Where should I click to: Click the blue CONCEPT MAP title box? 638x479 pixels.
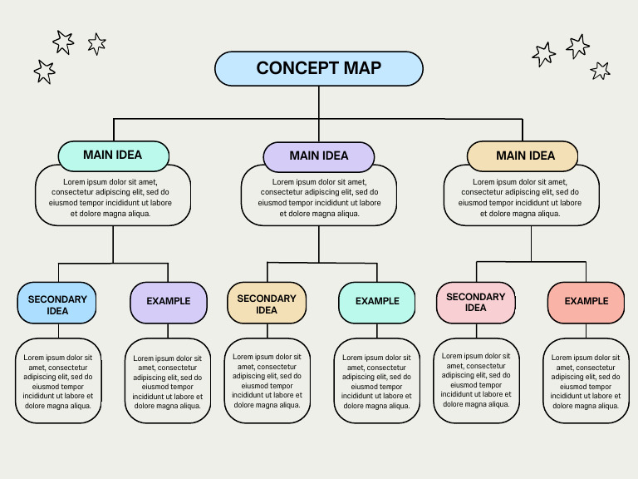[318, 68]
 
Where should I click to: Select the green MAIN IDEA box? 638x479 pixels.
[113, 156]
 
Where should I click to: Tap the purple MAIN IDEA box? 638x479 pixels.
[318, 156]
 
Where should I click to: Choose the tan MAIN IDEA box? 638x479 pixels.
[523, 156]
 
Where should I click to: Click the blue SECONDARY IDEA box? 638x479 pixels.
[57, 304]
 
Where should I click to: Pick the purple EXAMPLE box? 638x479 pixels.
[169, 302]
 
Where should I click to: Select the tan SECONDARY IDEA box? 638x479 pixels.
[267, 304]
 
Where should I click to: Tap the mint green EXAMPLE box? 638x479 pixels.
[377, 302]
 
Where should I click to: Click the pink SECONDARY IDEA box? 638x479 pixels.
[476, 302]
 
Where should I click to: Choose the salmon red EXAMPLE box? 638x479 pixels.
[586, 302]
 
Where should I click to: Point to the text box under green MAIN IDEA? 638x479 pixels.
[113, 197]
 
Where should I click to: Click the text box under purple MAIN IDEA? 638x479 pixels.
[319, 197]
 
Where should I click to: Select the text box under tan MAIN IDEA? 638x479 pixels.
[521, 197]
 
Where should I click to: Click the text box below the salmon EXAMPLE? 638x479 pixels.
[586, 381]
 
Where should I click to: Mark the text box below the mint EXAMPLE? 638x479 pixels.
[377, 381]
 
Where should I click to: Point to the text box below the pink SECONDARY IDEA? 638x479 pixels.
[476, 381]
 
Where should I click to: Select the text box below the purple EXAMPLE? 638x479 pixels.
[168, 381]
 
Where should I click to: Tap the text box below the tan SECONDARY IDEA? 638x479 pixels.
[267, 381]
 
